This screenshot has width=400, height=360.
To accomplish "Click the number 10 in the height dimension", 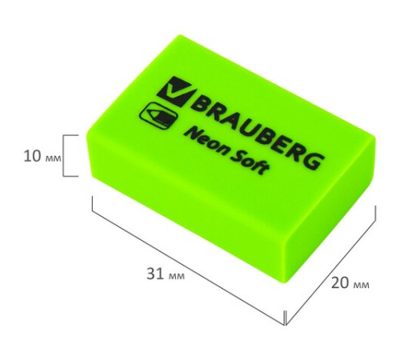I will (x=31, y=155).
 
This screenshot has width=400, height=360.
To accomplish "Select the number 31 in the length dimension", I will (x=157, y=274).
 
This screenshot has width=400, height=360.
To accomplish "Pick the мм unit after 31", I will (x=177, y=274).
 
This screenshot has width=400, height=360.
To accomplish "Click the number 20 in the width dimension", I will (x=339, y=284).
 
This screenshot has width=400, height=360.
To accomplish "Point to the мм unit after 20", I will (x=360, y=285).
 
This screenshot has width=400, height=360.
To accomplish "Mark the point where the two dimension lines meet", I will (x=286, y=325).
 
